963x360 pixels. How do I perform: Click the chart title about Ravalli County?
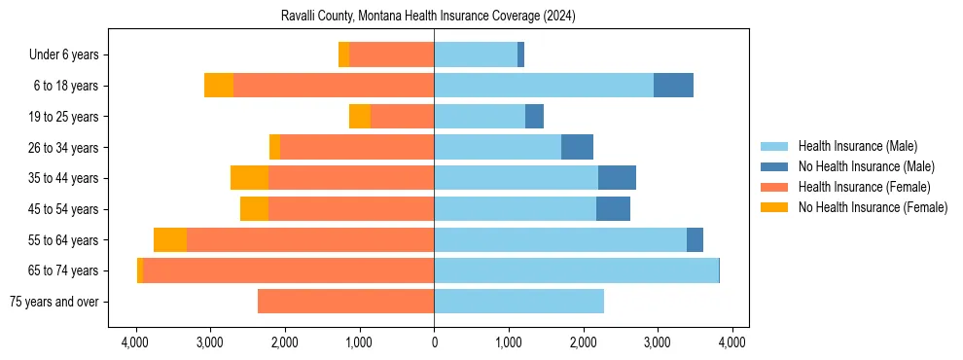[x=435, y=17]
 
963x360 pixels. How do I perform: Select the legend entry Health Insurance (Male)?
[x=857, y=146]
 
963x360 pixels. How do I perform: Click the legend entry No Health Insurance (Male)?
[x=866, y=166]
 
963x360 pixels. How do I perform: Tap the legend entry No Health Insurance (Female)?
[x=873, y=207]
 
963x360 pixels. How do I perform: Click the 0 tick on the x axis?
[x=434, y=342]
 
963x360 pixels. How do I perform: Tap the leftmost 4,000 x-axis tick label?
[x=135, y=342]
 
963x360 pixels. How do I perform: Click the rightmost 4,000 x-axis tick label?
[x=732, y=342]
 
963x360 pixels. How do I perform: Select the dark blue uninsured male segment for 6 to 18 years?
[x=673, y=86]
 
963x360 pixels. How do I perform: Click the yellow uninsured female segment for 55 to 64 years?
[x=170, y=240]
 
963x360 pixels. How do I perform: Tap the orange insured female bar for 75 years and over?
[x=345, y=302]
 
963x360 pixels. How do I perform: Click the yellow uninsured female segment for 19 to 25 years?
[x=360, y=117]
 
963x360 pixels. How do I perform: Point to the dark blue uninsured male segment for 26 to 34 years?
[x=577, y=148]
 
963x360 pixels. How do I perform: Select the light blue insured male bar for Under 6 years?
[x=476, y=54]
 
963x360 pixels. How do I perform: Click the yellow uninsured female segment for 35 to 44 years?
[x=249, y=178]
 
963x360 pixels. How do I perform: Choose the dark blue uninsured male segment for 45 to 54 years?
[x=613, y=209]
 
